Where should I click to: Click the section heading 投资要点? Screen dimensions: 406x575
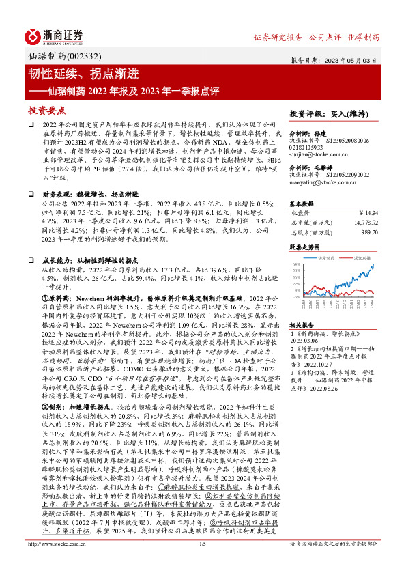(x=46, y=110)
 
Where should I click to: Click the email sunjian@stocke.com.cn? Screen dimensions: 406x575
(x=313, y=154)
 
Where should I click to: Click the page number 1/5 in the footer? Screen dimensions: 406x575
(x=202, y=562)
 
